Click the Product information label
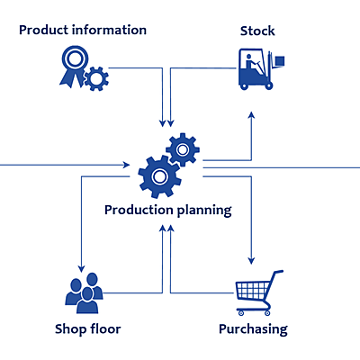coord(83,31)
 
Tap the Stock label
coord(257,31)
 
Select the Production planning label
coord(167,210)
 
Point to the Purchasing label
coord(253,328)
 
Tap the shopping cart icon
coord(258,289)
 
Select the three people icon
coord(84,287)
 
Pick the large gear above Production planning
coord(159,176)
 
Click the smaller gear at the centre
coord(183,148)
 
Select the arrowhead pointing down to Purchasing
coord(251,262)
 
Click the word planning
coord(201,211)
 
